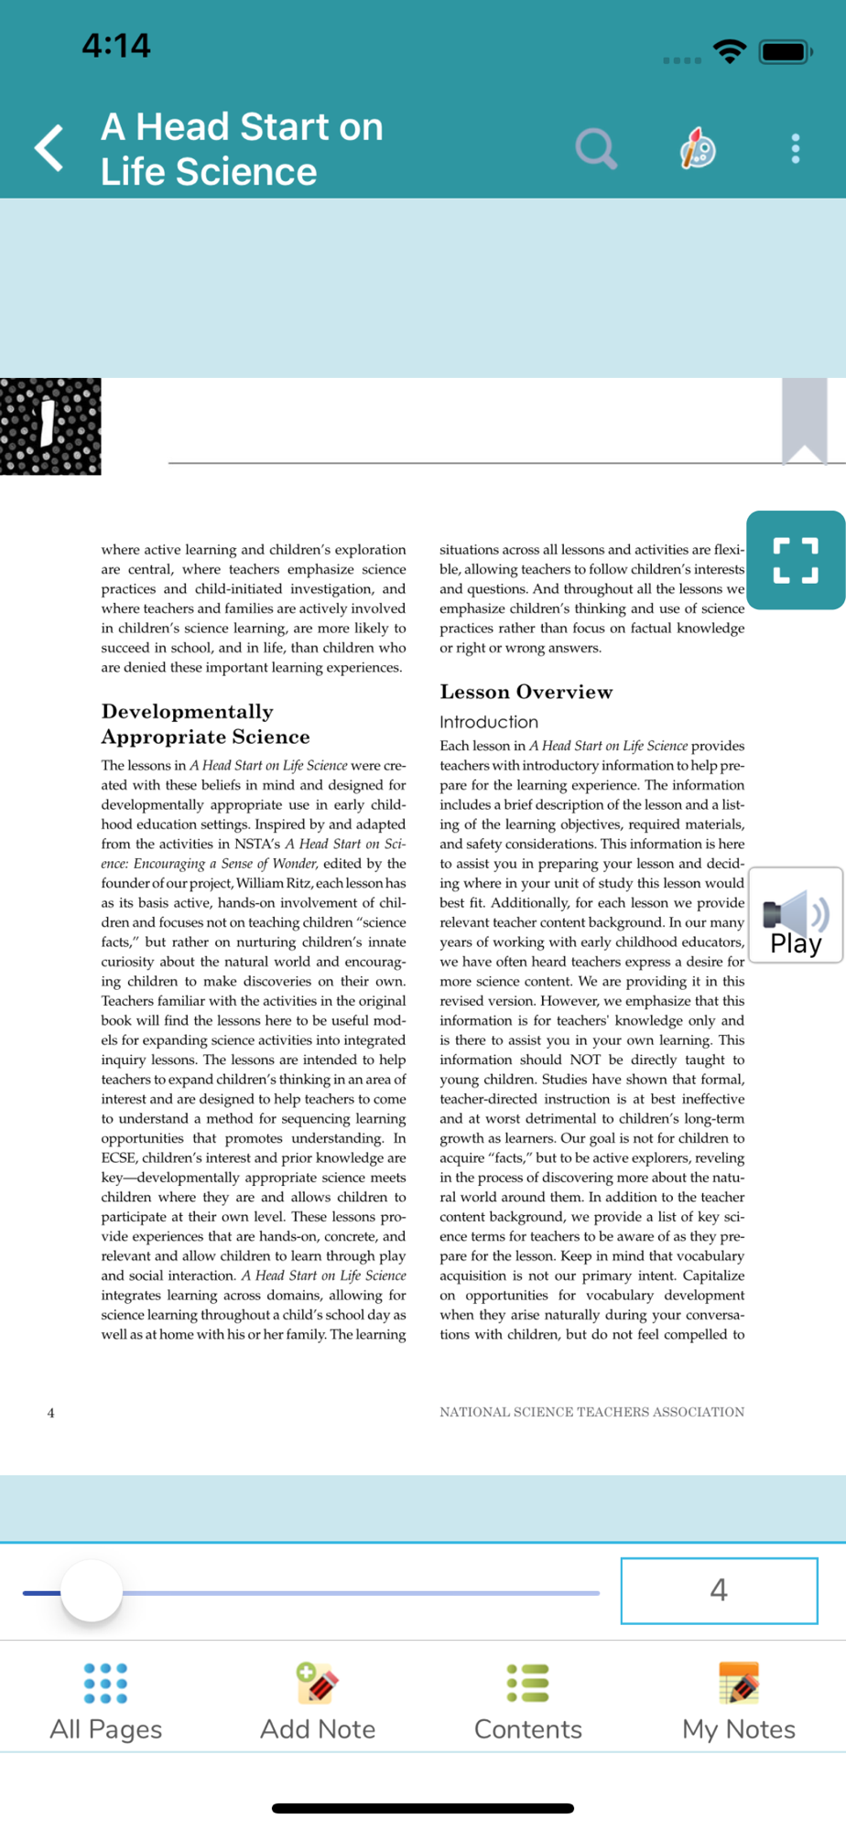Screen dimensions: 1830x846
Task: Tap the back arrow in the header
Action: point(49,148)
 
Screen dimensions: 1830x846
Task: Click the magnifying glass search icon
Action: point(596,148)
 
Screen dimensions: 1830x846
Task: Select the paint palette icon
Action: point(698,148)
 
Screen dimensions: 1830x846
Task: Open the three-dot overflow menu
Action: point(795,148)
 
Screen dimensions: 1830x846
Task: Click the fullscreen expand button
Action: point(795,560)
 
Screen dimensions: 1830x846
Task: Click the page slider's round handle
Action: point(92,1591)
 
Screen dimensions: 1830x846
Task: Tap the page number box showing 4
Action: point(719,1590)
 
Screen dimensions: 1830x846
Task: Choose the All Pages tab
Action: point(106,1703)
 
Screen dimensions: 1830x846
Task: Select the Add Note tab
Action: point(318,1703)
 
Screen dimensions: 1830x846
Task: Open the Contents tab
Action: point(528,1703)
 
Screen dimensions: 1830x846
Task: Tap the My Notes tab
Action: point(739,1703)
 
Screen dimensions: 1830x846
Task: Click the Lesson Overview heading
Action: point(526,692)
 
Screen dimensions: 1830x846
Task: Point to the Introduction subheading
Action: point(489,722)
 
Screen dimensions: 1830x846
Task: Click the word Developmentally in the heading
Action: point(188,712)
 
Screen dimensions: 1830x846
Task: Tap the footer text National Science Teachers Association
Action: point(591,1412)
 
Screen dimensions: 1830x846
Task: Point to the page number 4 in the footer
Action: point(51,1413)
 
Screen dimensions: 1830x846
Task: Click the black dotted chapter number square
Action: point(50,426)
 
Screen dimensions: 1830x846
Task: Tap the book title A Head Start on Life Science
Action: point(242,148)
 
